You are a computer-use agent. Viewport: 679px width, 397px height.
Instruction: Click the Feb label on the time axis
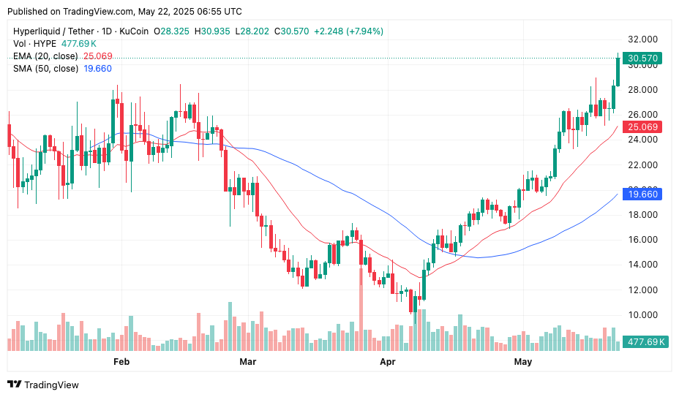121,362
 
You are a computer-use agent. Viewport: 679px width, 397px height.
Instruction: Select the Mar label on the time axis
248,362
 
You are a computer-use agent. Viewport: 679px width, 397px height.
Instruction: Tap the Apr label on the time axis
388,362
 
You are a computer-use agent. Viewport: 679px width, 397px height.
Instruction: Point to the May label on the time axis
522,362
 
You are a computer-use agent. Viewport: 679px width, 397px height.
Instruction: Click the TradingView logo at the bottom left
42,385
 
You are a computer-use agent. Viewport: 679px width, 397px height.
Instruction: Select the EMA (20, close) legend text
45,56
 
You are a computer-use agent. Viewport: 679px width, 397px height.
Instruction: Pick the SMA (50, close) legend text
45,69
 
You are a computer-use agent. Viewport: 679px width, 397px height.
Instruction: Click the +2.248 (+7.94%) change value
348,31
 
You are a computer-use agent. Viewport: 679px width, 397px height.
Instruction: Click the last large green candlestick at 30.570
618,72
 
